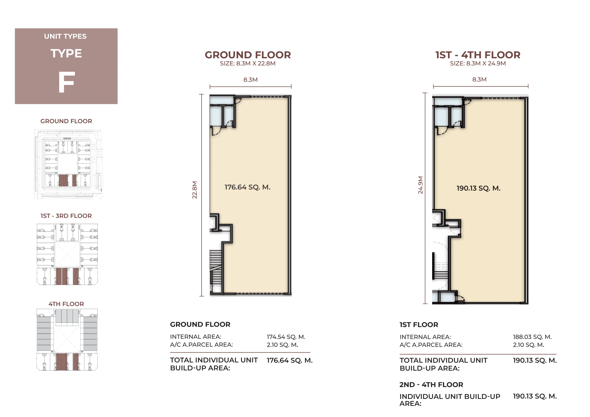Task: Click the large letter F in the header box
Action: click(x=67, y=82)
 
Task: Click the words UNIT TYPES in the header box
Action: click(x=65, y=36)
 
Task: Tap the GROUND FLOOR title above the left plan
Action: click(x=248, y=55)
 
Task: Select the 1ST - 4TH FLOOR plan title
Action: click(x=478, y=55)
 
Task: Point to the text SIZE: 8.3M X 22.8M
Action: click(x=248, y=63)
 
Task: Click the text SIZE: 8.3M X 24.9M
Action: click(x=478, y=63)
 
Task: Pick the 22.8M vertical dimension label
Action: click(x=195, y=190)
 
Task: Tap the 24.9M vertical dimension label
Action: click(x=420, y=185)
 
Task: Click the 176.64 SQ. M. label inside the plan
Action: click(x=248, y=187)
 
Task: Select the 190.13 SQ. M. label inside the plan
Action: click(x=478, y=188)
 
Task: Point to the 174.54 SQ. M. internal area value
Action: click(x=286, y=337)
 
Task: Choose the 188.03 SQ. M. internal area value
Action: click(x=532, y=337)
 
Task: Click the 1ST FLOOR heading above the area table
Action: click(x=419, y=325)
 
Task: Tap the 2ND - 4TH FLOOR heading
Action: click(x=431, y=385)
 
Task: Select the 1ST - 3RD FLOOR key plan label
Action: click(x=66, y=216)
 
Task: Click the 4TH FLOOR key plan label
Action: click(x=66, y=304)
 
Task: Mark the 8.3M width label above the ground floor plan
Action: click(x=251, y=80)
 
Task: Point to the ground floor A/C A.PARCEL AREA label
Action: click(x=201, y=345)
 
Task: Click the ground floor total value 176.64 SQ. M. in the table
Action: click(x=290, y=360)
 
